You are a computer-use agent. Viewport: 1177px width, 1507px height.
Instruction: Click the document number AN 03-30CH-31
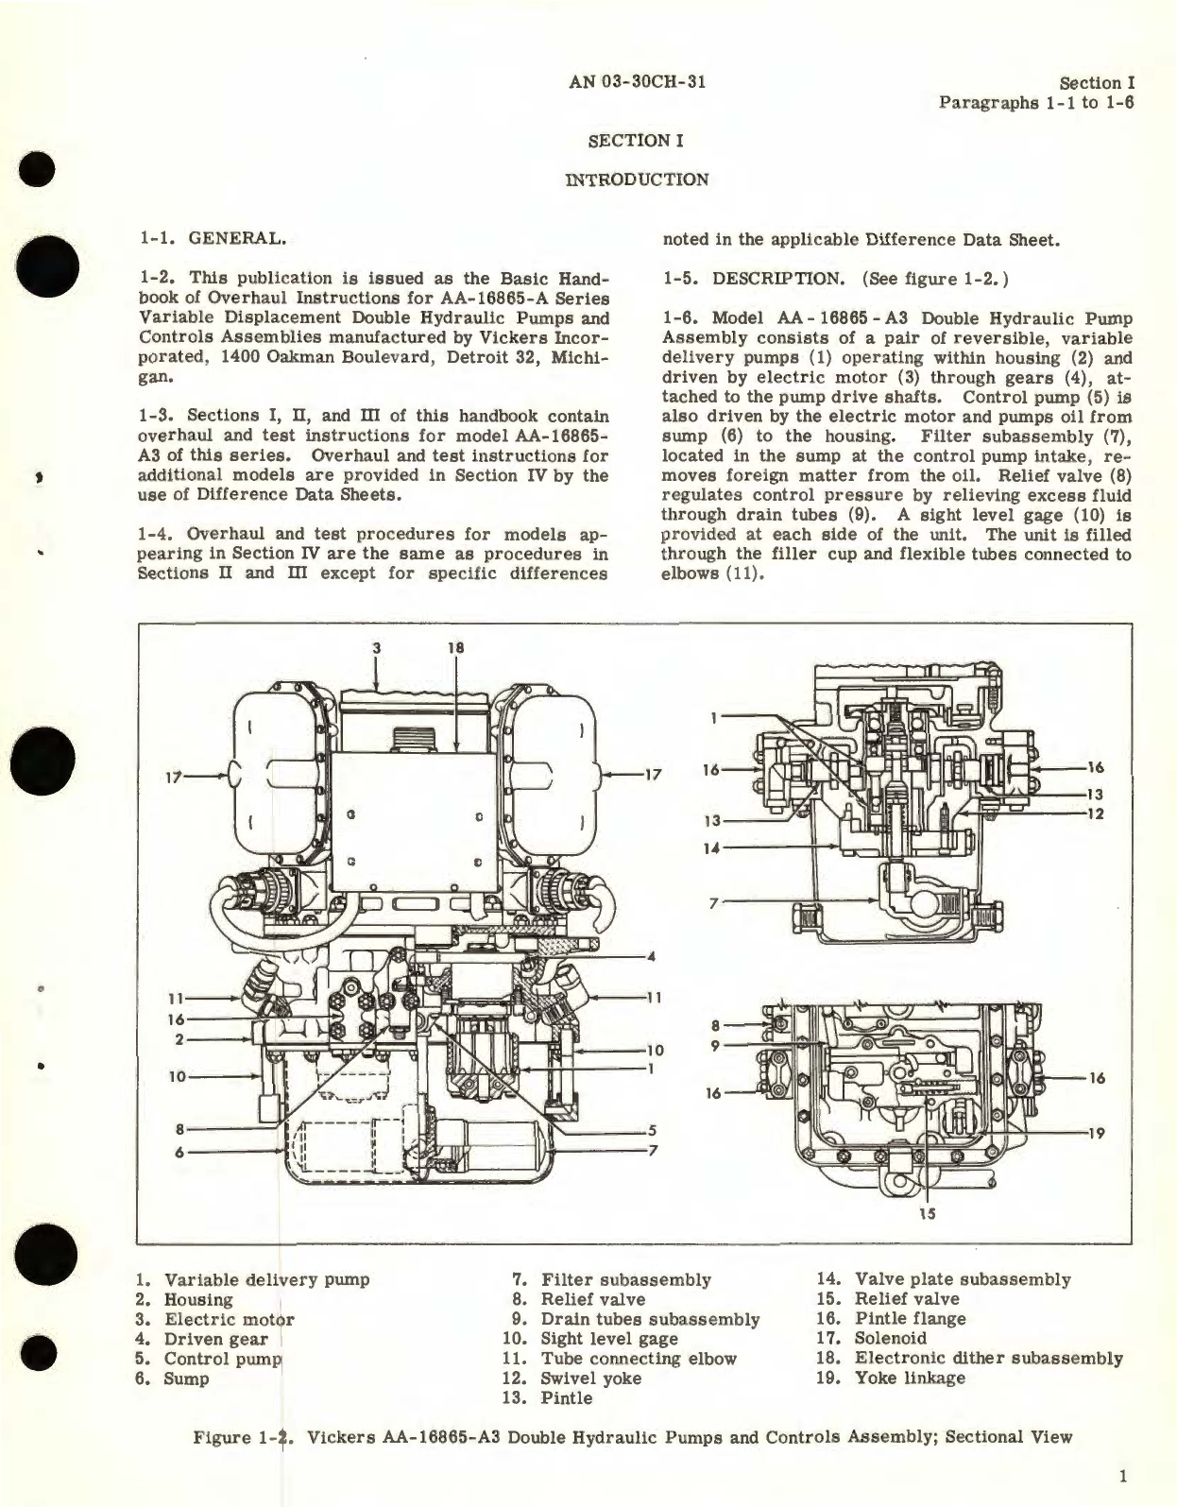(638, 81)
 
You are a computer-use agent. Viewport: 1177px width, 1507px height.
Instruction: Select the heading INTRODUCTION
(636, 180)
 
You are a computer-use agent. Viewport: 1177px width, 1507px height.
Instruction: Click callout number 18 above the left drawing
(457, 648)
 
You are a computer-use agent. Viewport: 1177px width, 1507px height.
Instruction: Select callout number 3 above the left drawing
(376, 648)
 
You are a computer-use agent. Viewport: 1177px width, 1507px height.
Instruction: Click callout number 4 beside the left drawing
(651, 956)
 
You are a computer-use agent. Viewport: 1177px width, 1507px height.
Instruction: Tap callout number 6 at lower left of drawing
(179, 1152)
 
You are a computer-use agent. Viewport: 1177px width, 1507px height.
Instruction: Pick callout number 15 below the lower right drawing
(927, 1213)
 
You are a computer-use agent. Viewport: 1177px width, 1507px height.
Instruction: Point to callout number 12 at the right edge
(1096, 813)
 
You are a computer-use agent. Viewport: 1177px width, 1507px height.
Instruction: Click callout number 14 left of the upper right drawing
(711, 848)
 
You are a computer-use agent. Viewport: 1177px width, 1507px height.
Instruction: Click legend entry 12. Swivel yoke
(579, 1379)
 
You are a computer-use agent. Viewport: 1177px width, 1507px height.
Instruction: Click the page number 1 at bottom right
(1119, 1477)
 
